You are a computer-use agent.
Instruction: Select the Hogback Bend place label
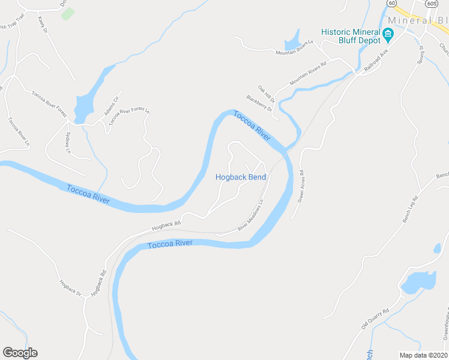click(x=240, y=177)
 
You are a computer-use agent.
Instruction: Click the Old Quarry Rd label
click(x=375, y=319)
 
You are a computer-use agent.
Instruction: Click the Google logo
click(x=20, y=353)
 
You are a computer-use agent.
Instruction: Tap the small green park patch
click(x=68, y=13)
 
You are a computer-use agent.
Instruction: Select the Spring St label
click(x=421, y=55)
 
